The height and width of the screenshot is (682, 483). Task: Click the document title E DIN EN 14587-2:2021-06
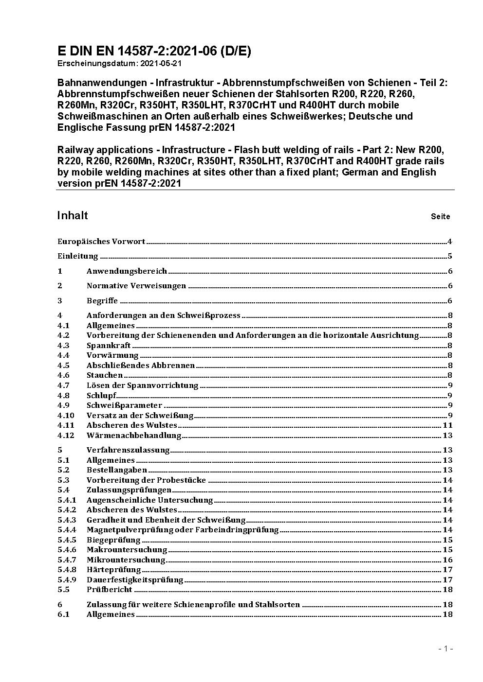[154, 51]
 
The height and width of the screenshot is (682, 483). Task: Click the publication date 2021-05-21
[161, 64]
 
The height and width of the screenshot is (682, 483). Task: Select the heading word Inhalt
[73, 215]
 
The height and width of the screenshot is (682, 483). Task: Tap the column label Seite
[440, 216]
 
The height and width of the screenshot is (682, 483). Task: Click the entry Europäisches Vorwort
[101, 242]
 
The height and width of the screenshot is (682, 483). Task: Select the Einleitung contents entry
[78, 256]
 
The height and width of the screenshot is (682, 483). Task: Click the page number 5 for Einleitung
[450, 256]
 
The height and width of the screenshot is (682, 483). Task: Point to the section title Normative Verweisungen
[136, 286]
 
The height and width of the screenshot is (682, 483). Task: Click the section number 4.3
[63, 346]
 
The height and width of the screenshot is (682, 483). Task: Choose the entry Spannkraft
[109, 346]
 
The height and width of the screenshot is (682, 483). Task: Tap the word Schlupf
[101, 395]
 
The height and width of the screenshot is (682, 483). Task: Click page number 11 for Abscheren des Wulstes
[448, 425]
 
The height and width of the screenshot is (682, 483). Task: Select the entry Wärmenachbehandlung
[134, 436]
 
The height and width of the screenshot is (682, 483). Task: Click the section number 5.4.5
[67, 540]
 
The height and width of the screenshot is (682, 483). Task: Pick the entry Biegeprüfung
[113, 540]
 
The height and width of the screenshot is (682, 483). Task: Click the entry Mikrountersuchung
[127, 560]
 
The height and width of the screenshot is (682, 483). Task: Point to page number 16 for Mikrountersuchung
[448, 560]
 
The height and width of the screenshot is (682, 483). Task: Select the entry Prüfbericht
[110, 590]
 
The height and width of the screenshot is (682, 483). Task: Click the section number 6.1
[63, 614]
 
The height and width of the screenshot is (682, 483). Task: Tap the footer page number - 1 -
[446, 648]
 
